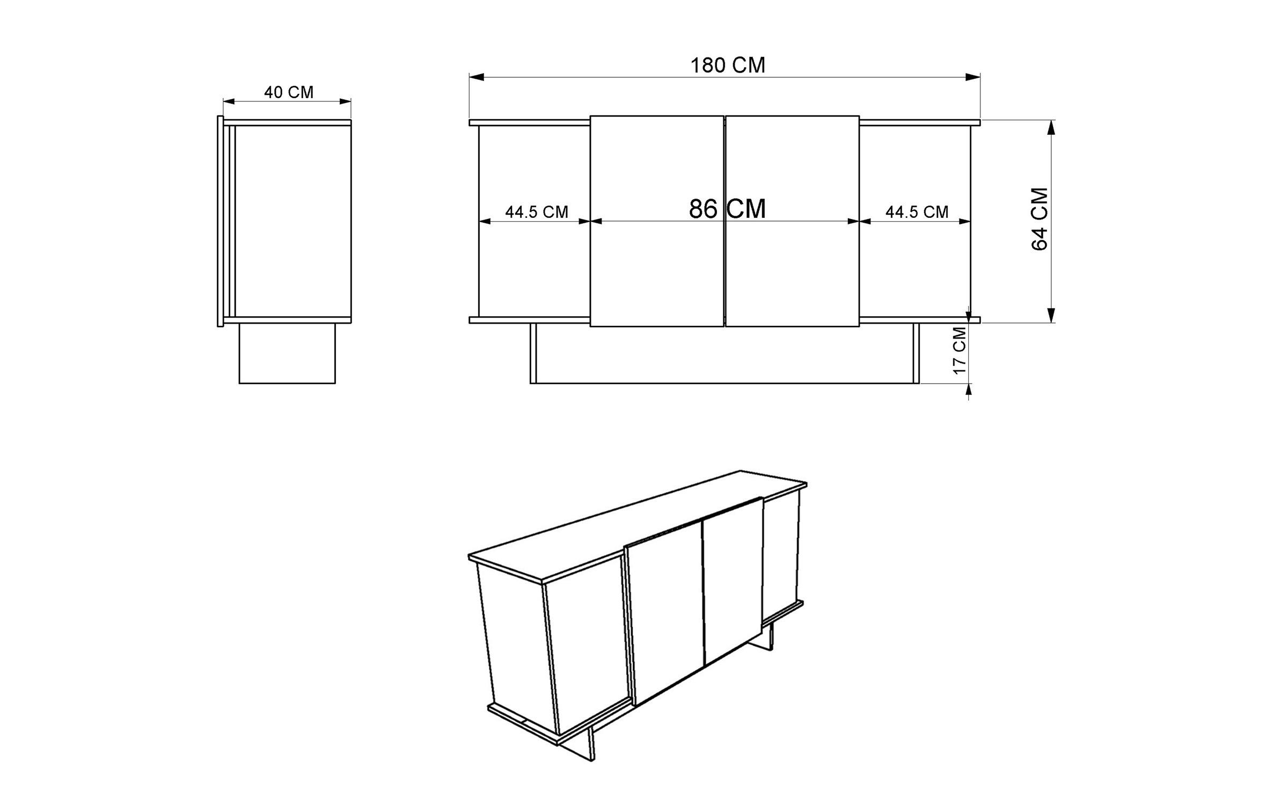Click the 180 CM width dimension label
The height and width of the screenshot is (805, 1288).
pos(727,65)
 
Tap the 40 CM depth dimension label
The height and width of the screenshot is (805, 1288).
pos(289,92)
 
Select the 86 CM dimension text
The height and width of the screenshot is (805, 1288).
pos(727,209)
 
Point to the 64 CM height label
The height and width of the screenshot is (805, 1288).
pos(1040,219)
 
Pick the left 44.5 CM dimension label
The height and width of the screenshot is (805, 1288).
pos(537,212)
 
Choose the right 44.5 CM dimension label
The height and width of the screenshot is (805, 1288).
pos(917,212)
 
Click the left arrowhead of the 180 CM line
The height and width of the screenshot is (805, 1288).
pos(477,77)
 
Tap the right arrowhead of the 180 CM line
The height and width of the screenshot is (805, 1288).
pos(973,77)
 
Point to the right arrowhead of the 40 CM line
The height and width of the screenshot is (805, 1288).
pos(345,101)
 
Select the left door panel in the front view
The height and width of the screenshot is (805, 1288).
pos(657,221)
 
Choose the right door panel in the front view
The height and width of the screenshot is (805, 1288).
pos(792,221)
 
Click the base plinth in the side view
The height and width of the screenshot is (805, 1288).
pos(287,353)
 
